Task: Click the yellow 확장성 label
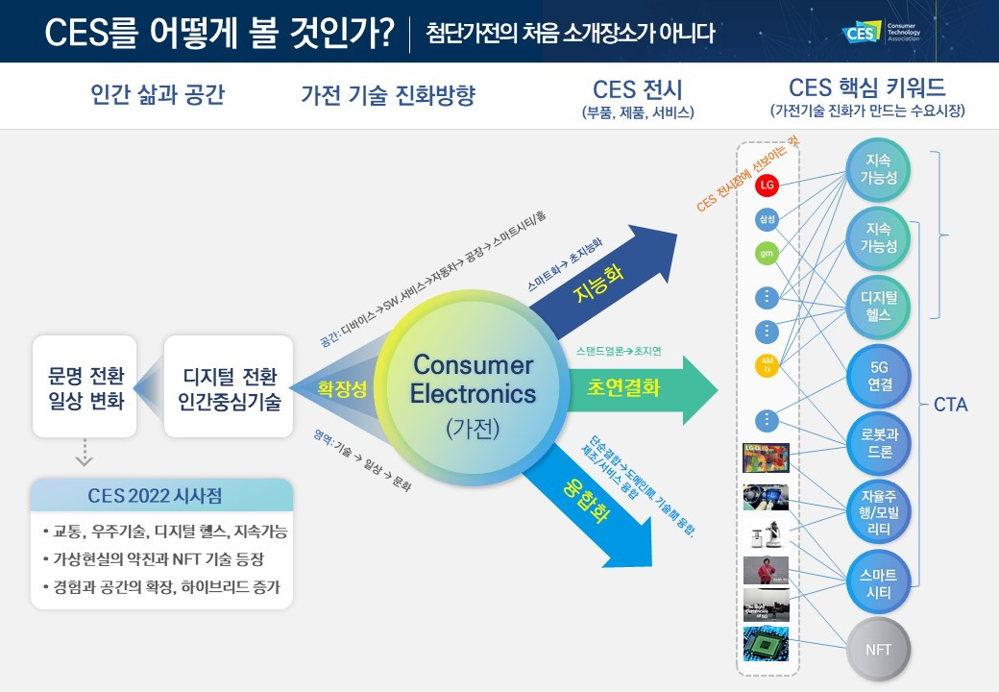[343, 389]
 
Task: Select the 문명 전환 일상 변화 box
[86, 386]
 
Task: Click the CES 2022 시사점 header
[161, 496]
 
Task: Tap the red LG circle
[767, 184]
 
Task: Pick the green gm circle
[767, 254]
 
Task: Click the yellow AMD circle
[767, 365]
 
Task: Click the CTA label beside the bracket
[950, 405]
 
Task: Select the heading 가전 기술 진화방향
[388, 95]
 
